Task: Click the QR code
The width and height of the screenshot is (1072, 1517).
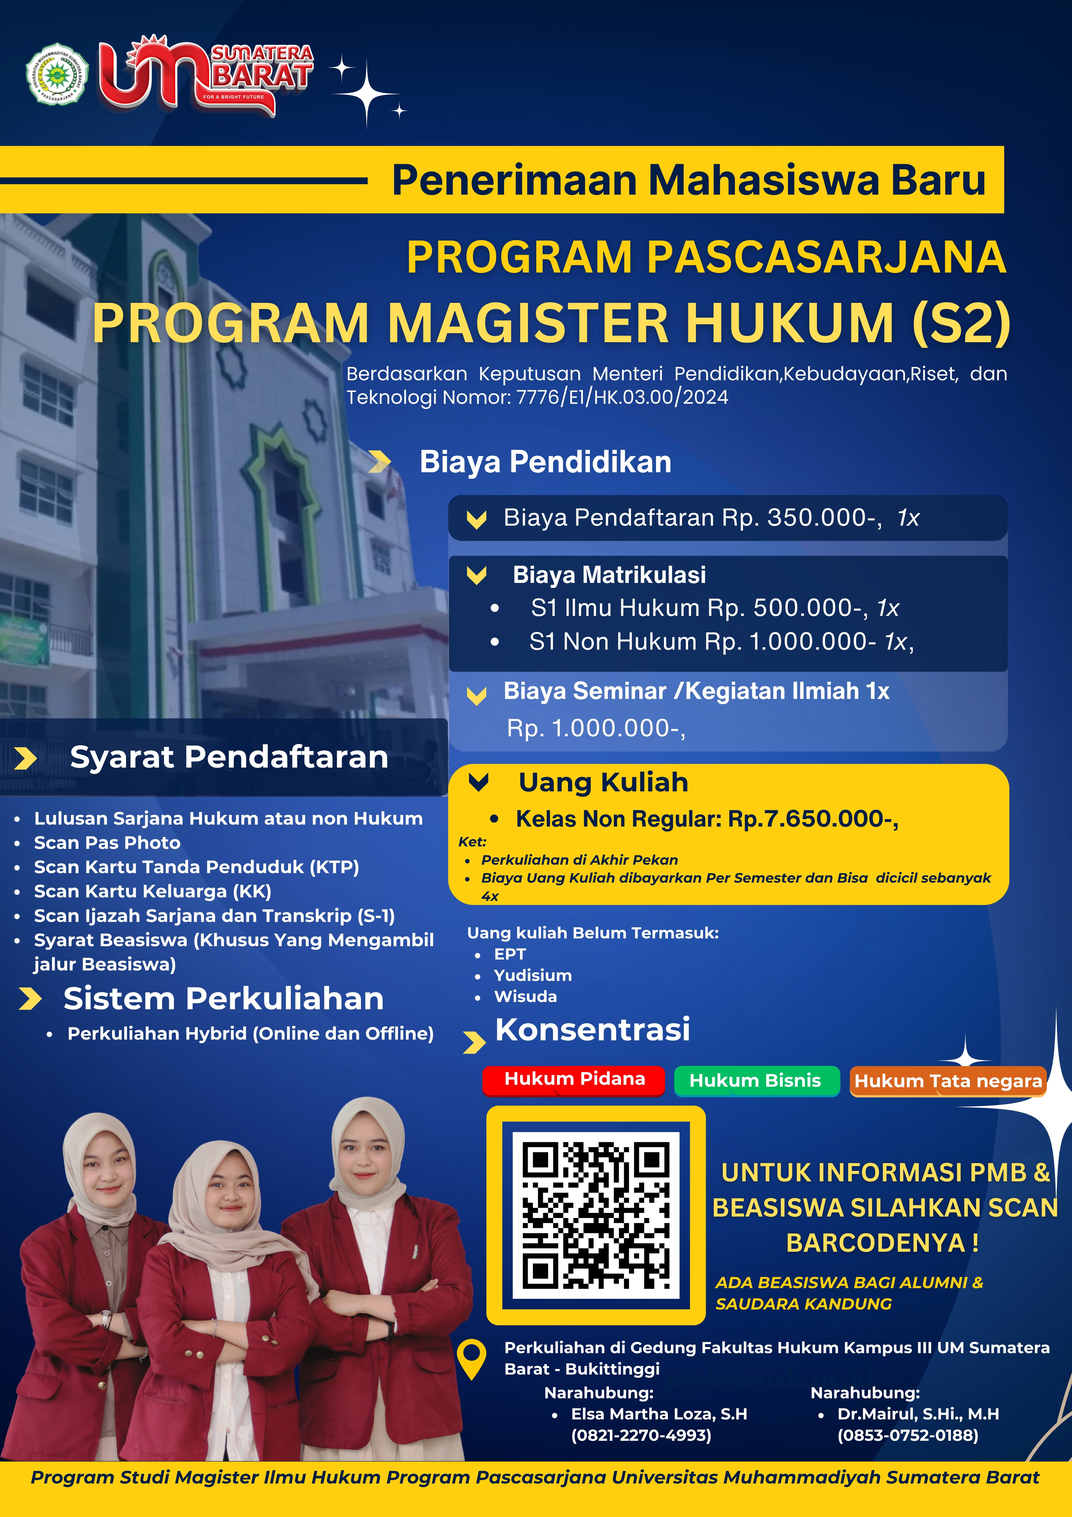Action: (596, 1214)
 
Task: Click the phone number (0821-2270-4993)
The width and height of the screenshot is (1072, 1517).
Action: (641, 1435)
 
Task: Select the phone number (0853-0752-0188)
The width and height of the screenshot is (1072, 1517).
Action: (908, 1435)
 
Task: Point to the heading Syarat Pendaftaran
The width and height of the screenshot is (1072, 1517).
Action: (229, 757)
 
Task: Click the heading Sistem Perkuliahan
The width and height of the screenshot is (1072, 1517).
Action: (223, 998)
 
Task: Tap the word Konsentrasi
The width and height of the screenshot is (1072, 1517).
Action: (592, 1029)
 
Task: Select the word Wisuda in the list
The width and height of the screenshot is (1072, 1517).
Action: (525, 996)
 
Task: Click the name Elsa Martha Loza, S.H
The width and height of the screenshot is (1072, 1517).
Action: (659, 1414)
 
